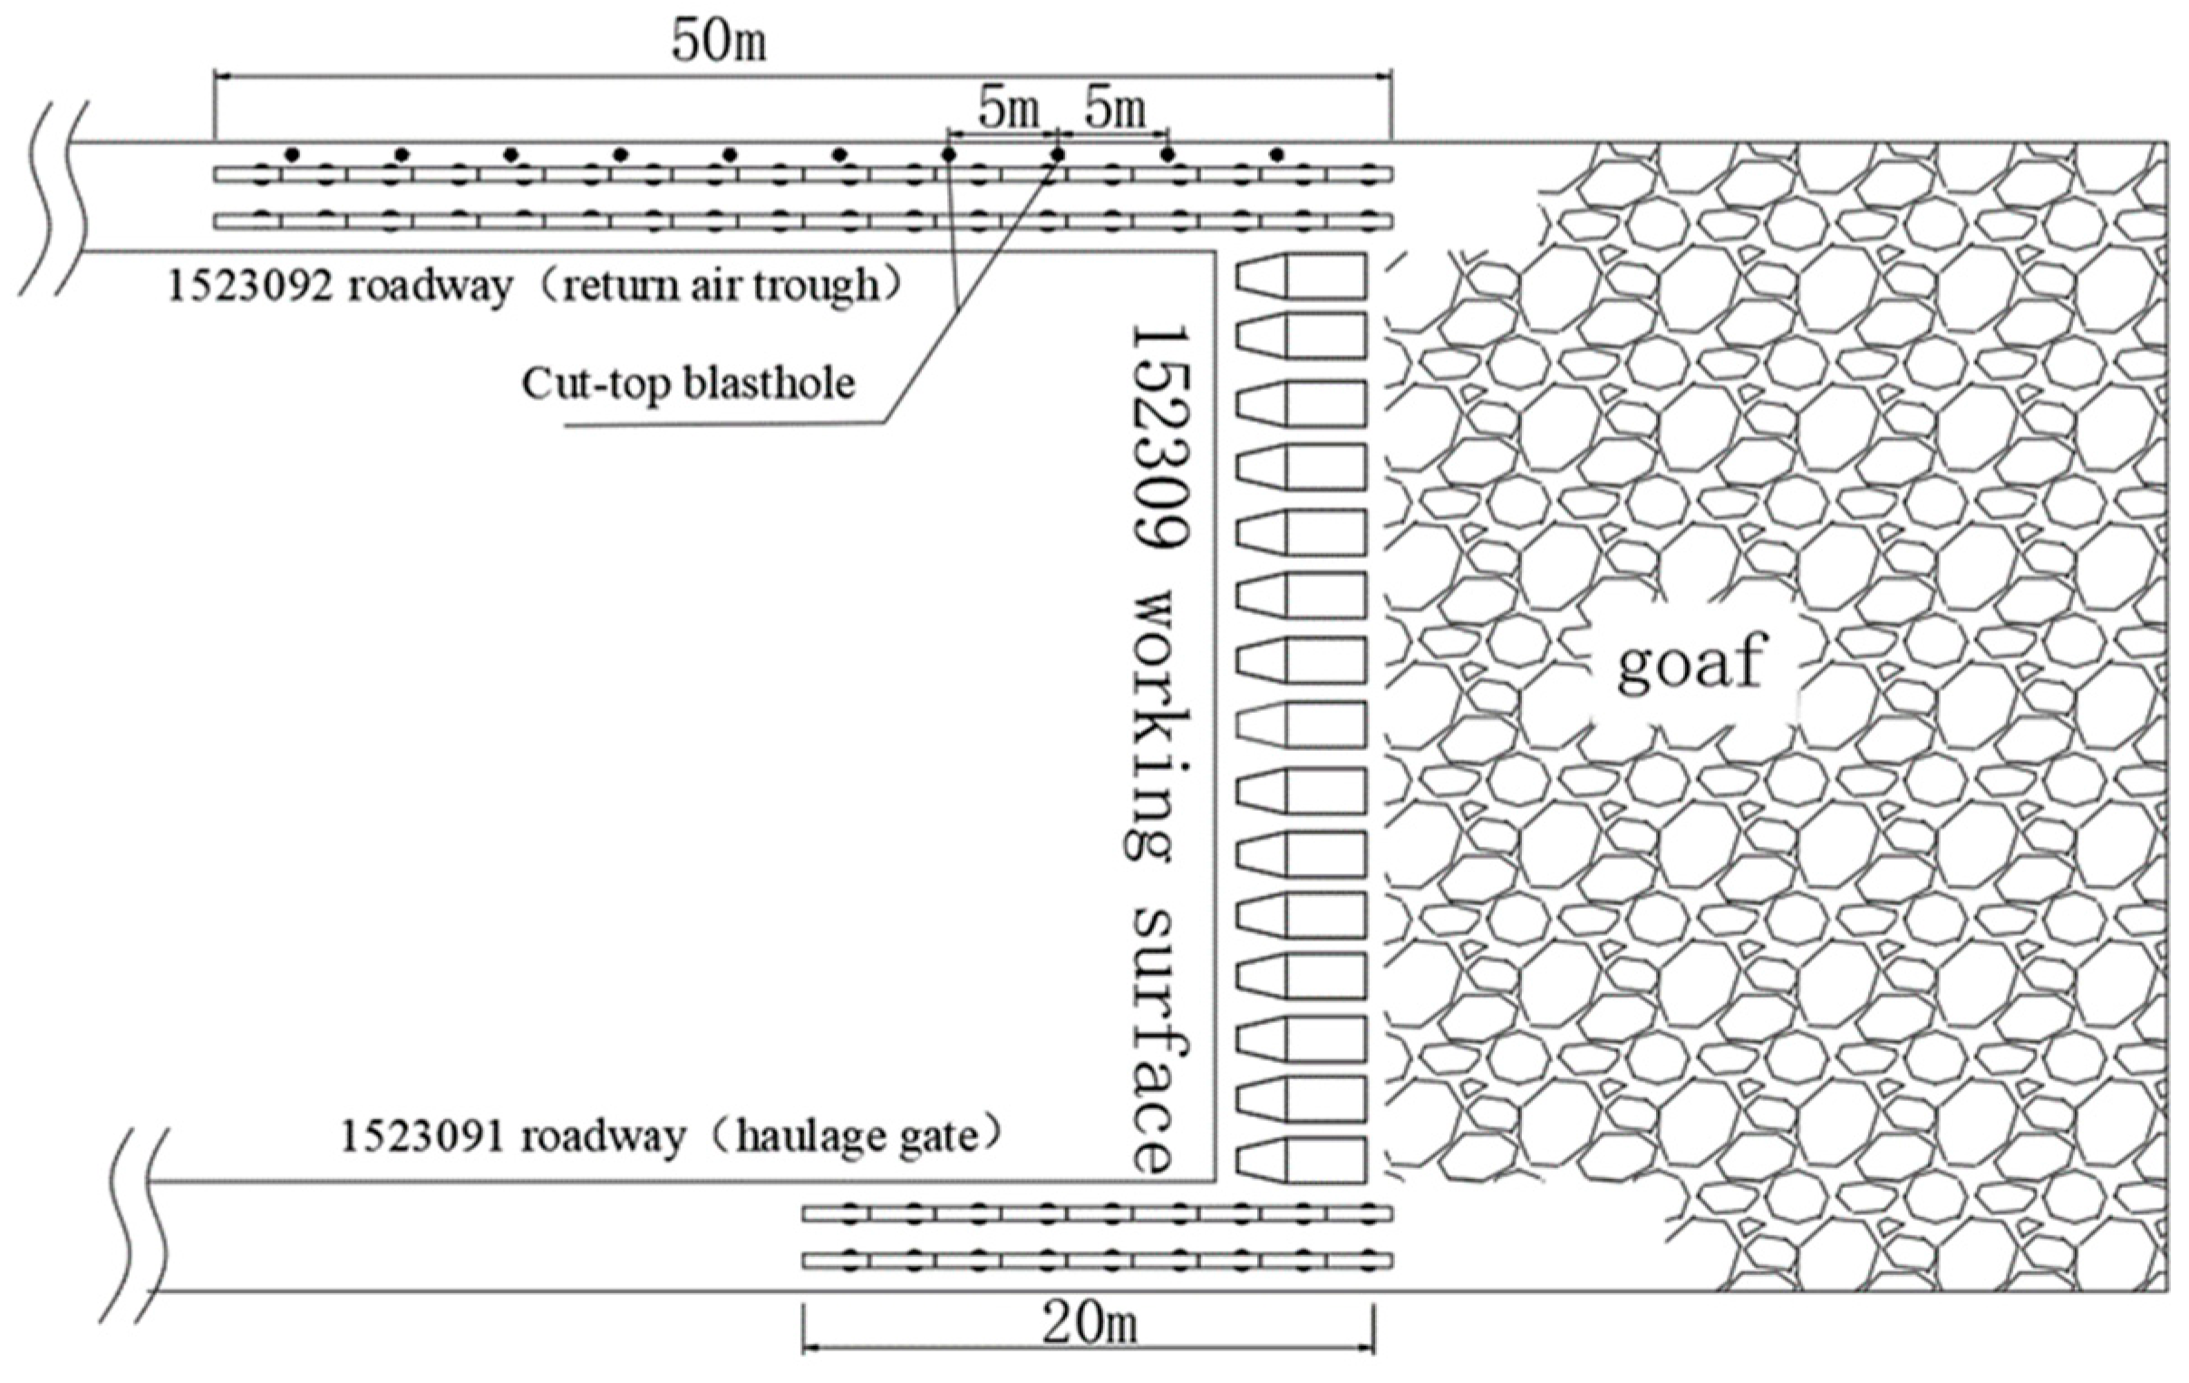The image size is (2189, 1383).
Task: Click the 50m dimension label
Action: point(718,41)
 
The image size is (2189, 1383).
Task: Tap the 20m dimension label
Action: point(1089,1327)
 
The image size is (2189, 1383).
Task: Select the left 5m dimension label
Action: point(1008,110)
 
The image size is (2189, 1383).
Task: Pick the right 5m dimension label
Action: point(1115,110)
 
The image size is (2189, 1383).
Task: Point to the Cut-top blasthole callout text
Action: point(688,384)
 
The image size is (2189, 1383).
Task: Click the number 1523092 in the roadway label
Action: point(248,287)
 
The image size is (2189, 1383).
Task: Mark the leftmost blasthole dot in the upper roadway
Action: point(292,154)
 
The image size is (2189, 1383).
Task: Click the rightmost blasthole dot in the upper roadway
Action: point(1277,154)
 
